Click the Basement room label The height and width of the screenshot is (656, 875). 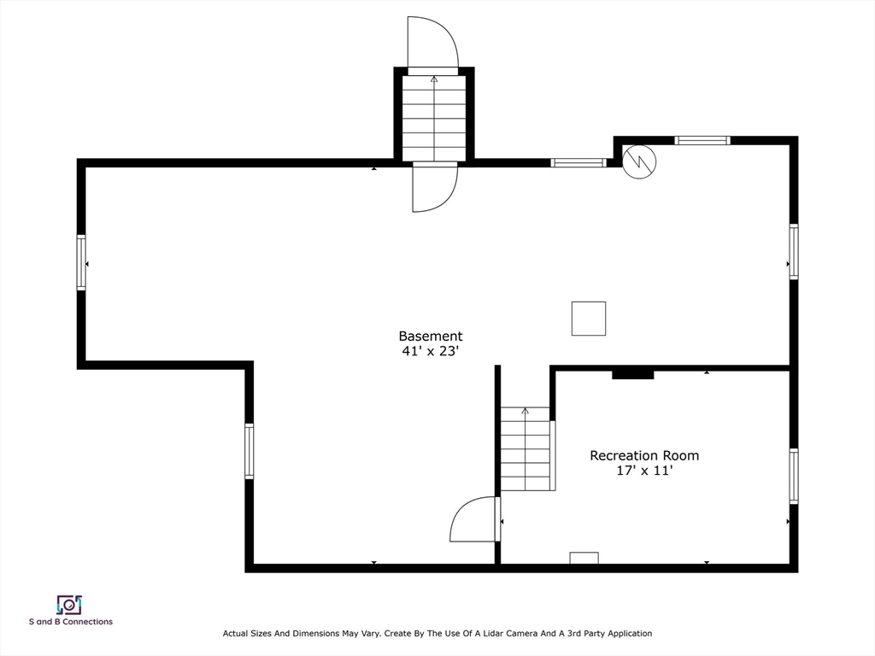(431, 336)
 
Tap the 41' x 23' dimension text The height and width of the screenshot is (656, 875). (431, 351)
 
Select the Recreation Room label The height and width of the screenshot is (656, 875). (644, 455)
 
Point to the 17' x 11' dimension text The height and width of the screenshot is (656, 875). (644, 471)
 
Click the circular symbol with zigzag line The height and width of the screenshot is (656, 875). (639, 162)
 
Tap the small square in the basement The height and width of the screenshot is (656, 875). (589, 319)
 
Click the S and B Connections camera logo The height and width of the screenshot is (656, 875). (69, 605)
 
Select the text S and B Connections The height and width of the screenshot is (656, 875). (71, 622)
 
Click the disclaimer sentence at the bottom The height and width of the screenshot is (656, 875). (437, 633)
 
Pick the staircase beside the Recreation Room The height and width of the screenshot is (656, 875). (526, 449)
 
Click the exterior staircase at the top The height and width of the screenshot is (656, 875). (434, 118)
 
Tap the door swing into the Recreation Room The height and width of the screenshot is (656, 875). (474, 519)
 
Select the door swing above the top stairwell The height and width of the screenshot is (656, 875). (433, 43)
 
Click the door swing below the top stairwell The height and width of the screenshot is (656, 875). (435, 189)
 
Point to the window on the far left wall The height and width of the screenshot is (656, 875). (81, 262)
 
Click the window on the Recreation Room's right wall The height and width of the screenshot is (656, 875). (794, 476)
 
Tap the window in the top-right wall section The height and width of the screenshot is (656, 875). (702, 141)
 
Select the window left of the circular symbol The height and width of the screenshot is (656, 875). (578, 163)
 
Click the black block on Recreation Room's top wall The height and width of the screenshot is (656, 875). (633, 373)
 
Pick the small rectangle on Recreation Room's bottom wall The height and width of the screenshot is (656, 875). (584, 558)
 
